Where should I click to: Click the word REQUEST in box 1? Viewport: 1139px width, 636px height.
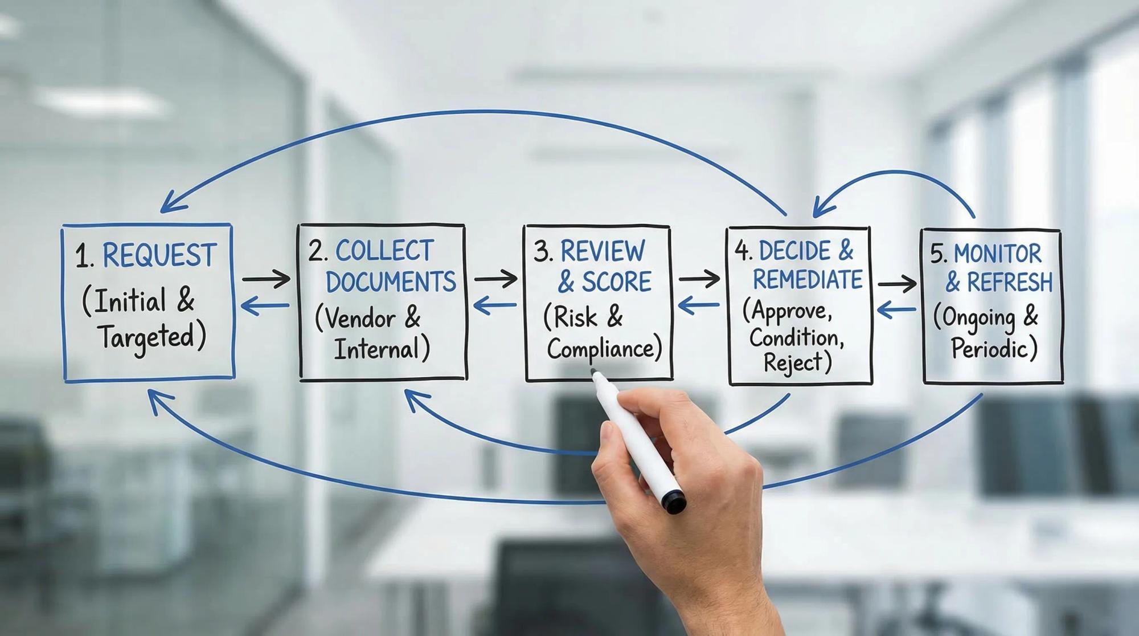click(159, 255)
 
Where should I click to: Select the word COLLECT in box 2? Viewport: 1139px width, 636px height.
click(384, 251)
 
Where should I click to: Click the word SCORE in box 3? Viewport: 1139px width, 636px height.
click(616, 282)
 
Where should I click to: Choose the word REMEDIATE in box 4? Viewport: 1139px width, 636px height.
click(808, 279)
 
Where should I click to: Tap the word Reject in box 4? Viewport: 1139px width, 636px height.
click(793, 362)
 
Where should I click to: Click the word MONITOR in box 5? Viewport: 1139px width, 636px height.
click(997, 254)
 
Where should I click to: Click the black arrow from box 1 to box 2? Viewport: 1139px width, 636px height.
click(266, 279)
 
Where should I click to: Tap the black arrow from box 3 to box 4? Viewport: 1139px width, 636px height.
click(699, 279)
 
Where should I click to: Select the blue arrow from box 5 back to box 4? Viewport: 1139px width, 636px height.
click(896, 310)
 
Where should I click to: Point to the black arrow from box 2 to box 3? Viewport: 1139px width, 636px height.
click(495, 279)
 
